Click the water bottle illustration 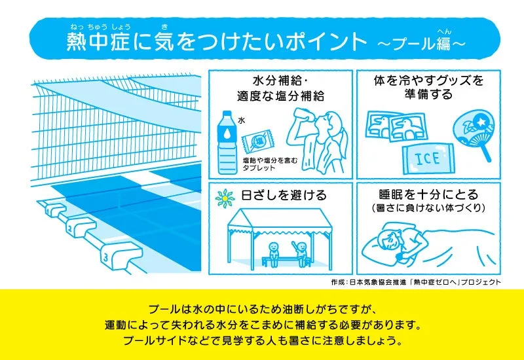tap(227, 142)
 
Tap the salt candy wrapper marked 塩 tap(258, 141)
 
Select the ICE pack tap(428, 158)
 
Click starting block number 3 tap(120, 256)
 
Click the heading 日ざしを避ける tap(284, 195)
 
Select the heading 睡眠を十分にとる tap(429, 194)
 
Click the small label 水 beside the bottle tap(242, 120)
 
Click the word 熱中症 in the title tap(98, 42)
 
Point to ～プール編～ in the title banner tap(421, 43)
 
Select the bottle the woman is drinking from tap(302, 114)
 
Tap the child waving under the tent tap(301, 253)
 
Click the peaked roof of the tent tap(280, 219)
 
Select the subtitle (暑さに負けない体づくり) tap(428, 207)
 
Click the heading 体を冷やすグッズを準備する tap(429, 88)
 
